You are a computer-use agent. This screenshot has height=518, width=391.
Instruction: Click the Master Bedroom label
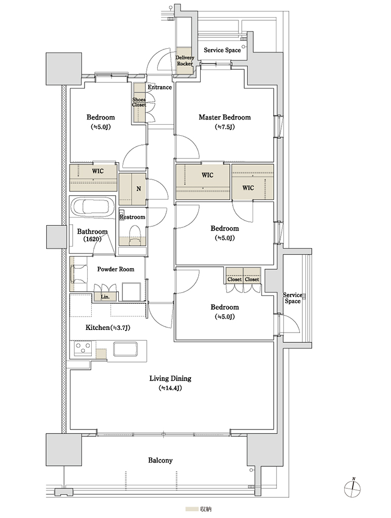tap(225, 117)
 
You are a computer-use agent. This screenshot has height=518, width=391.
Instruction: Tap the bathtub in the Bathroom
tap(93, 207)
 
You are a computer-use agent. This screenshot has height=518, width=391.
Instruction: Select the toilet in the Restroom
tap(135, 235)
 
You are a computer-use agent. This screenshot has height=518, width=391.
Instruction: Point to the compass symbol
tap(353, 488)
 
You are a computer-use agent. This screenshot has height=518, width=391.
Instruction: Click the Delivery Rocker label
tap(185, 61)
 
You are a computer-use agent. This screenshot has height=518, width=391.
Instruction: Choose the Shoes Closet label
tap(139, 102)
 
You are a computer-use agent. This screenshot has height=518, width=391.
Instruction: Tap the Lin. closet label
tap(105, 297)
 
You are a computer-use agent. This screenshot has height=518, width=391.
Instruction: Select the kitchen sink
tap(125, 350)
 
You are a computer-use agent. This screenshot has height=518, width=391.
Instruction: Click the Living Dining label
tap(171, 379)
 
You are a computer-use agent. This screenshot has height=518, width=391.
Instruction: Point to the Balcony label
tap(160, 460)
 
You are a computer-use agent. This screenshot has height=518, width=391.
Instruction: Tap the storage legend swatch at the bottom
tap(191, 509)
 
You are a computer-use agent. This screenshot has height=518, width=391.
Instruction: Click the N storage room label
tap(138, 189)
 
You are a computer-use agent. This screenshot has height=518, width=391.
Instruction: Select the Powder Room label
tap(116, 269)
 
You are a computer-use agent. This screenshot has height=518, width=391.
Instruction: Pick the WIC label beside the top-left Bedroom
tap(97, 171)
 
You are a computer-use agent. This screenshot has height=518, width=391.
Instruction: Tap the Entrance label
tap(159, 87)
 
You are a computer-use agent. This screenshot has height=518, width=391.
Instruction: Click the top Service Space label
tap(222, 50)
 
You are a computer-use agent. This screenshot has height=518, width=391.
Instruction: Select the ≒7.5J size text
tap(225, 127)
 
